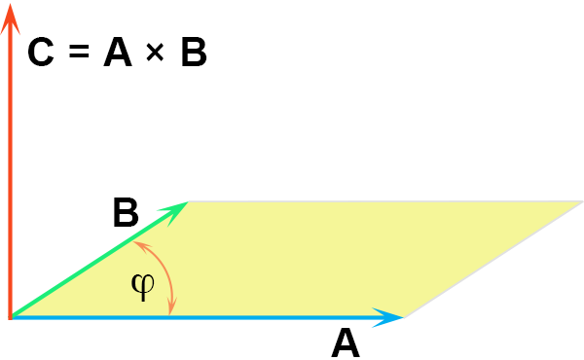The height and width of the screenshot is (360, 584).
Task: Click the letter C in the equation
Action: click(x=41, y=52)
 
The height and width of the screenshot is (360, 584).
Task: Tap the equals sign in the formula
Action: click(x=79, y=51)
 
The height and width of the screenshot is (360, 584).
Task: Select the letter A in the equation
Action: click(x=118, y=52)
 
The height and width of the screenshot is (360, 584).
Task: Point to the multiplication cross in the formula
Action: click(x=155, y=52)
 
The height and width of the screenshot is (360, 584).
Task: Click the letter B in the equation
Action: click(x=194, y=52)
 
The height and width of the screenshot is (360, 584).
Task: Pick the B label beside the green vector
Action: click(x=126, y=213)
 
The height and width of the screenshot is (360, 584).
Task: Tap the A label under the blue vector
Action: click(x=346, y=342)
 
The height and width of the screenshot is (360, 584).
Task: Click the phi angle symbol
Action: click(x=143, y=287)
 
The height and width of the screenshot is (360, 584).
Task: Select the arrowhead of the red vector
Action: click(x=10, y=18)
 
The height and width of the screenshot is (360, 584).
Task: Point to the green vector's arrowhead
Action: click(x=174, y=212)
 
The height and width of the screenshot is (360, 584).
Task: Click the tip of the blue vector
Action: click(x=404, y=317)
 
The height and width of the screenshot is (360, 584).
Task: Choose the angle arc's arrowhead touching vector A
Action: click(x=171, y=306)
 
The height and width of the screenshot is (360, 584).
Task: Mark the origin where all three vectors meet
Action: click(x=11, y=317)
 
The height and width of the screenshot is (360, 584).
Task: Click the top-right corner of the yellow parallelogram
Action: click(x=582, y=201)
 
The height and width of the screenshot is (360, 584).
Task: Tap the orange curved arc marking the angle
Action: click(x=166, y=272)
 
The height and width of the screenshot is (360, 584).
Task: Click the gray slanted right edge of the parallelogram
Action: click(x=493, y=260)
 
